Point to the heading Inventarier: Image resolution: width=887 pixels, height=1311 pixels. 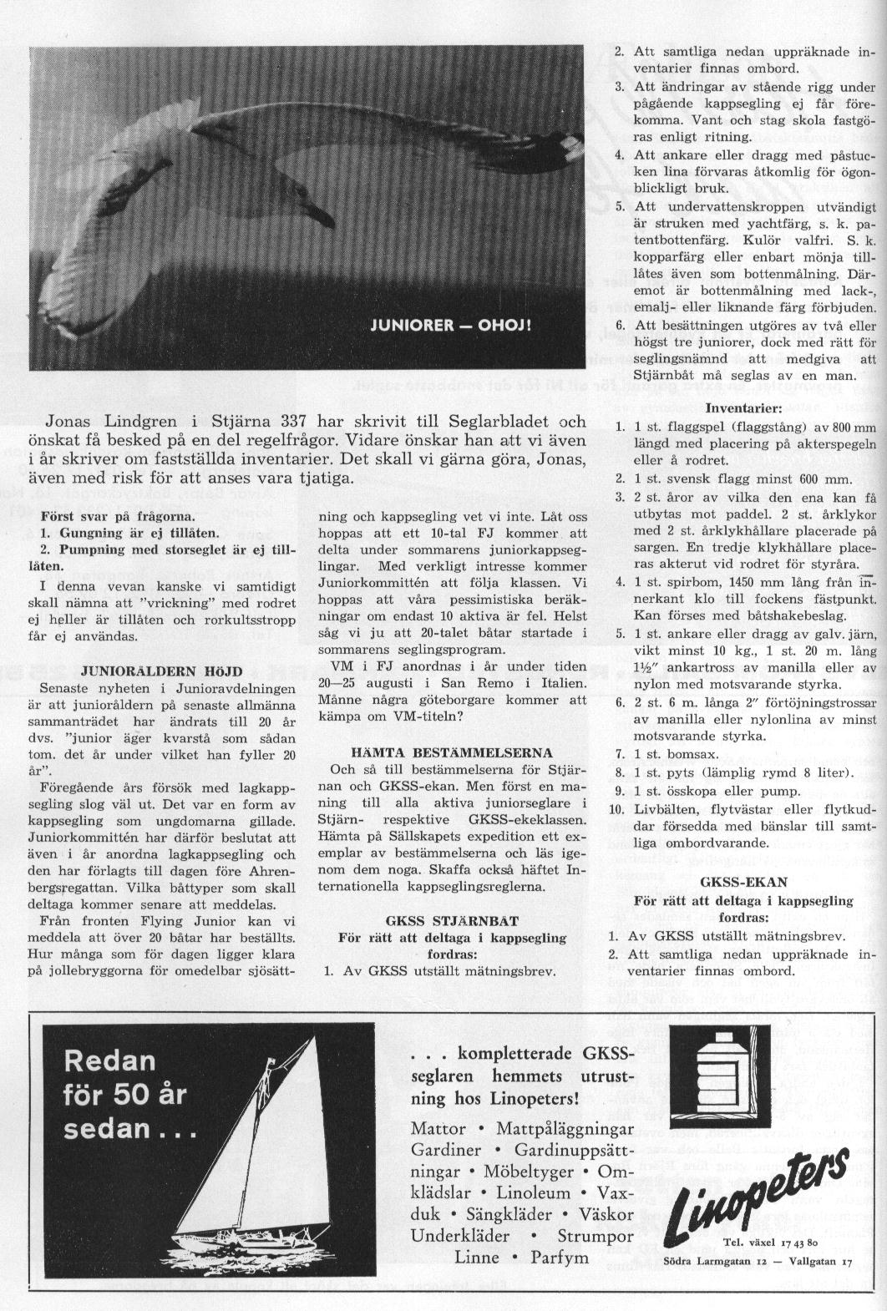(743, 408)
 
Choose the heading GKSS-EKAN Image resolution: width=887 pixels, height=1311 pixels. (743, 881)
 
